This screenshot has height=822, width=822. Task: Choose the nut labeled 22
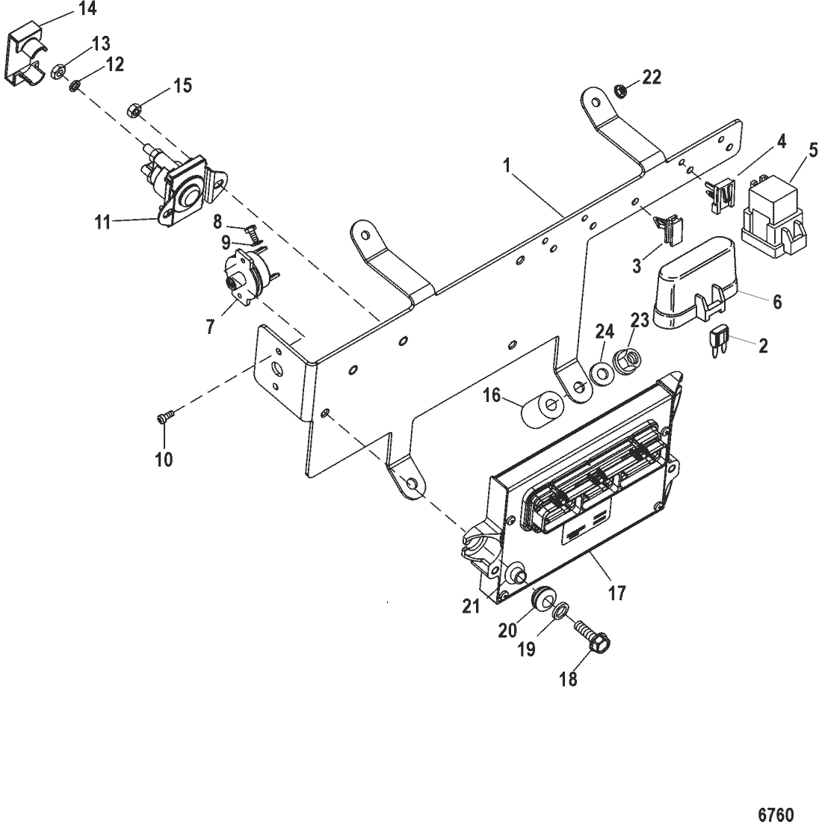point(619,91)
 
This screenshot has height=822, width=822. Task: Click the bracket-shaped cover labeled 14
point(27,59)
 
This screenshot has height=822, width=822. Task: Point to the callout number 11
point(103,222)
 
